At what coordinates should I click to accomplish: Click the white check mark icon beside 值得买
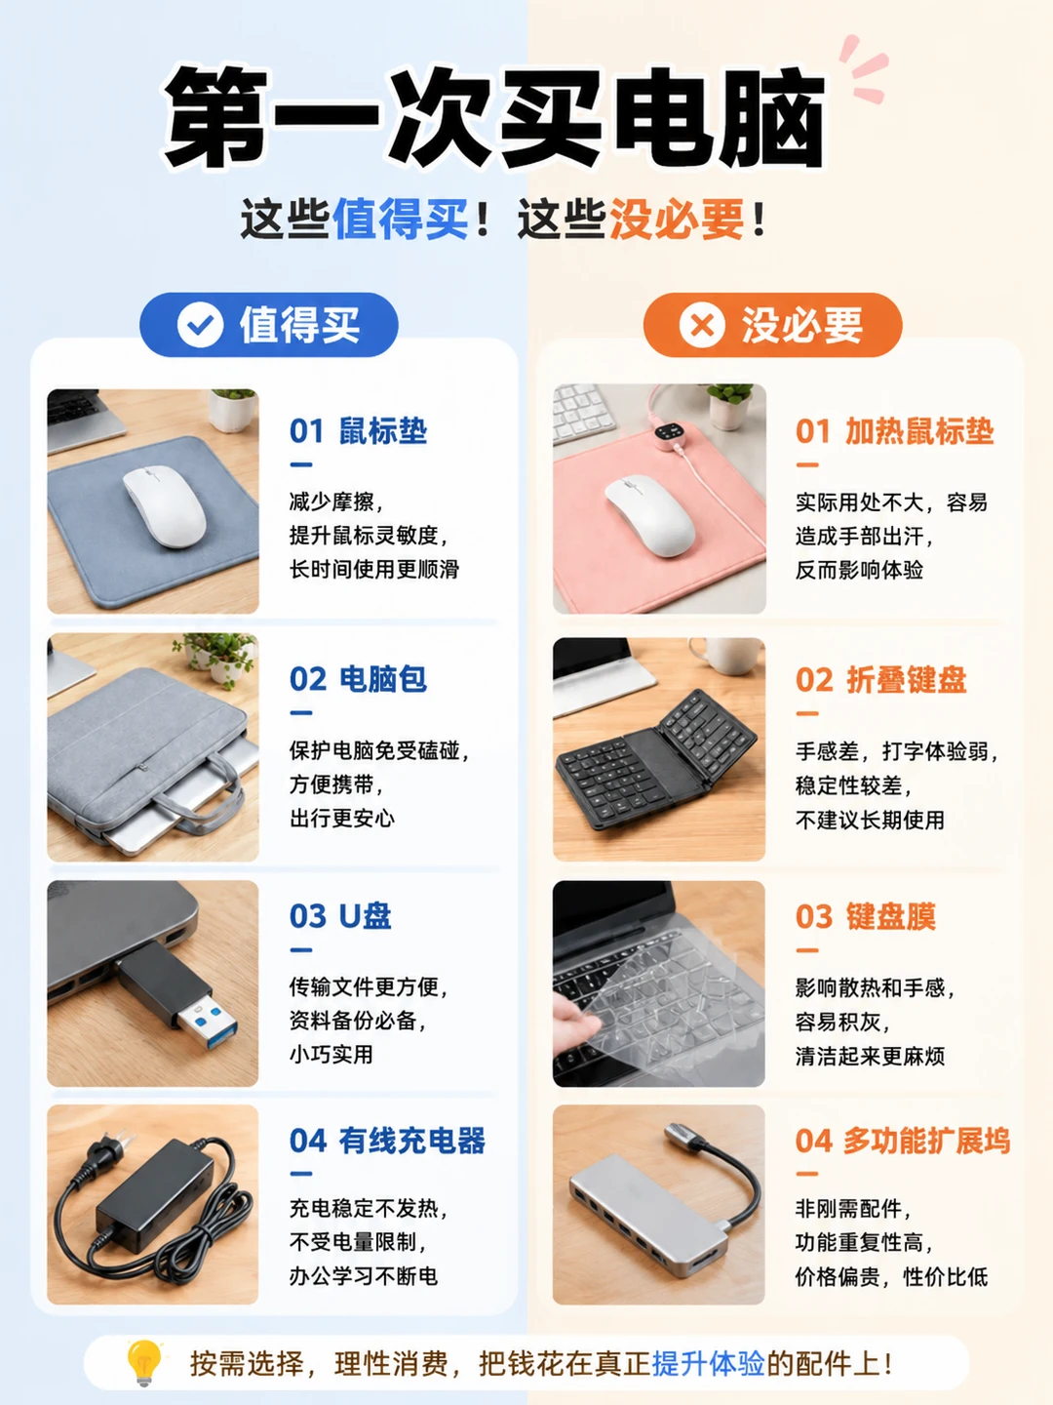pyautogui.click(x=200, y=325)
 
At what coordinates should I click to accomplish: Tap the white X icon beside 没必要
pyautogui.click(x=702, y=325)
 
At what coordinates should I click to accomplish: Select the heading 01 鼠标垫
pyautogui.click(x=358, y=431)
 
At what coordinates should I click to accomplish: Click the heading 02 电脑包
pyautogui.click(x=358, y=679)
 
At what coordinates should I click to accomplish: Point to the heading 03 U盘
pyautogui.click(x=340, y=916)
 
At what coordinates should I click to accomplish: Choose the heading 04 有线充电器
pyautogui.click(x=387, y=1141)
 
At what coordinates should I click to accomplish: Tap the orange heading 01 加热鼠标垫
pyautogui.click(x=894, y=431)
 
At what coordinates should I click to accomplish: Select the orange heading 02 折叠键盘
pyautogui.click(x=881, y=679)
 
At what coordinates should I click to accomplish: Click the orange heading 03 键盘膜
pyautogui.click(x=866, y=916)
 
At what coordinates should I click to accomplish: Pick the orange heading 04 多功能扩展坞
pyautogui.click(x=903, y=1141)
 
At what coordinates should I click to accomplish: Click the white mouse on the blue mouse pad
pyautogui.click(x=165, y=505)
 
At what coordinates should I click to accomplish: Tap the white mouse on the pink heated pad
pyautogui.click(x=649, y=514)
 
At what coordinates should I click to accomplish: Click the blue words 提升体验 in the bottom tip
pyautogui.click(x=708, y=1363)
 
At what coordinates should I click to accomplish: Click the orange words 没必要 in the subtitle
pyautogui.click(x=677, y=219)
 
